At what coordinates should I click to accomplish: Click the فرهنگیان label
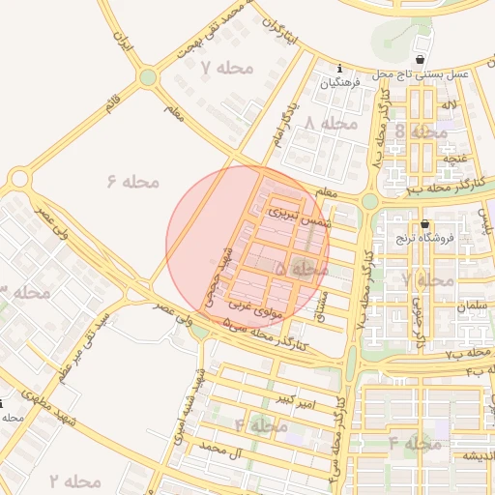tap(341, 83)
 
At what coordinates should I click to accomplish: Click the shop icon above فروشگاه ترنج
tap(424, 224)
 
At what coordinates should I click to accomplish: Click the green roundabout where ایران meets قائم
tap(147, 76)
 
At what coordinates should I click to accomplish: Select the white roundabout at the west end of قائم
tap(19, 178)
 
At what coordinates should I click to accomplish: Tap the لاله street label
tap(448, 103)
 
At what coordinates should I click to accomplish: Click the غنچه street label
tap(454, 156)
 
